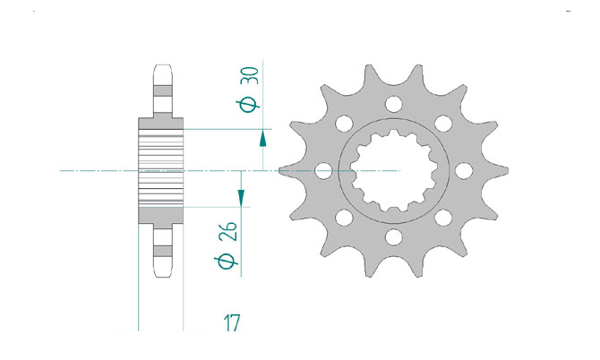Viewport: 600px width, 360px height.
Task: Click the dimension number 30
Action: click(250, 76)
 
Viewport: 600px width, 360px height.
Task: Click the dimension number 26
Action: click(228, 231)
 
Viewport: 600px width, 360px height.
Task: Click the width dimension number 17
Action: click(232, 323)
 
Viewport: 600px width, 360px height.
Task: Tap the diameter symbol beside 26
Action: click(227, 261)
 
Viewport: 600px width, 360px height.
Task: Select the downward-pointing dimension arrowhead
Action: click(241, 198)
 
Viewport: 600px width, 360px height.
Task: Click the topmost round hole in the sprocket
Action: click(393, 104)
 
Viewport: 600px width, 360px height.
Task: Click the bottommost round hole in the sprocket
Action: click(394, 236)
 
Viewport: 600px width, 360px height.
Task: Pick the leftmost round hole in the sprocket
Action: click(323, 171)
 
